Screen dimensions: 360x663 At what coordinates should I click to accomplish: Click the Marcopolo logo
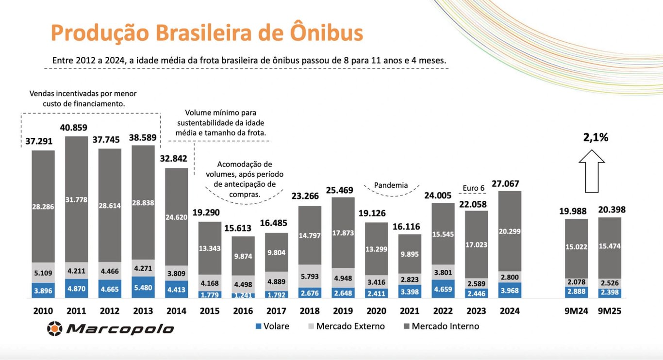110,328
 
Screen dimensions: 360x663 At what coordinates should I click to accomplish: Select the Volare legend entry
272,327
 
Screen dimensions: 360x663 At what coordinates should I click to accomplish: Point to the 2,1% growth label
596,138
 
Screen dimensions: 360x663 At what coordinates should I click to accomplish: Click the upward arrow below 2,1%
592,170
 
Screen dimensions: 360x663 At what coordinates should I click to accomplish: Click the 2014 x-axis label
176,311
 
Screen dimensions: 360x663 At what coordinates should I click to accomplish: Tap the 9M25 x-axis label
610,311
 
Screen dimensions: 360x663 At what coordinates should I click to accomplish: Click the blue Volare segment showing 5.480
143,287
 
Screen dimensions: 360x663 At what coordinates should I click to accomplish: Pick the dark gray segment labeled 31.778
76,199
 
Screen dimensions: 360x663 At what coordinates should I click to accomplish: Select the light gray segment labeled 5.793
310,277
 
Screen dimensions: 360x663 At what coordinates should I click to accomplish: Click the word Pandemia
391,185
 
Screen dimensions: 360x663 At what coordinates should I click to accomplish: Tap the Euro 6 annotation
473,188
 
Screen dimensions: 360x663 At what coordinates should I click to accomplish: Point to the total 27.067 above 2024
505,184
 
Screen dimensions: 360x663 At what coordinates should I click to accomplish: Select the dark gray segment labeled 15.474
610,247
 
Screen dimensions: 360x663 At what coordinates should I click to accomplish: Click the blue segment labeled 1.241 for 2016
243,295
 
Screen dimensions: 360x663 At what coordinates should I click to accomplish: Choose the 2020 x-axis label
376,311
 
